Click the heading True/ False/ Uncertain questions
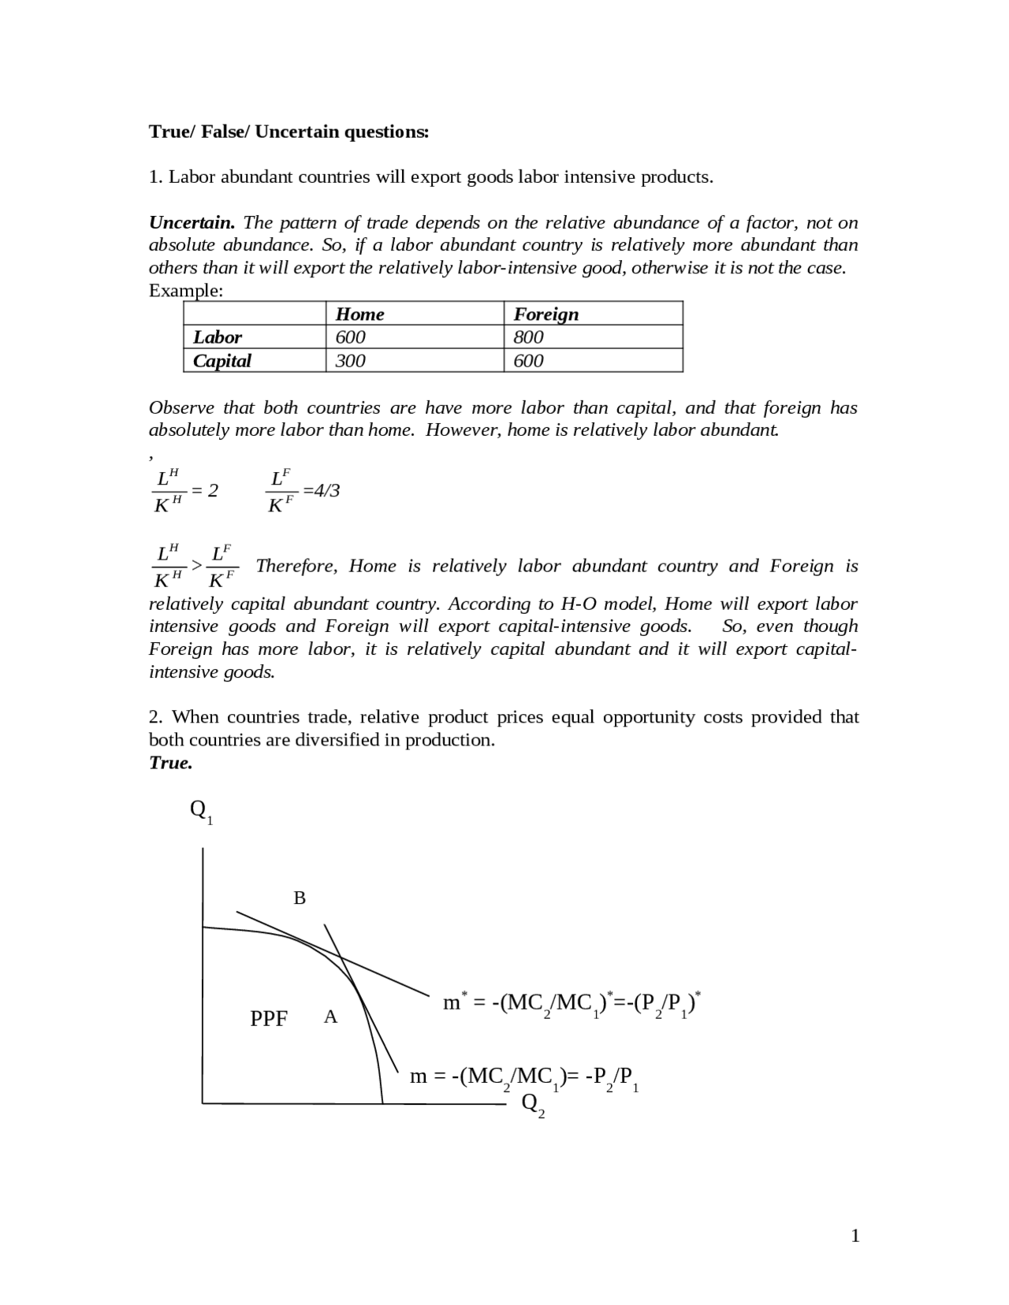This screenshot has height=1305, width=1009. pyautogui.click(x=289, y=132)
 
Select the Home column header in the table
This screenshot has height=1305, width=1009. pyautogui.click(x=360, y=314)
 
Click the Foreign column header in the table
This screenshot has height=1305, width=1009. pyautogui.click(x=546, y=314)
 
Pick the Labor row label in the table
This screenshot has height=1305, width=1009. pyautogui.click(x=218, y=337)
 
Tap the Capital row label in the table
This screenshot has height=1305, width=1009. pyautogui.click(x=222, y=361)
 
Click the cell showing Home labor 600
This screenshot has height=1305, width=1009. pyautogui.click(x=351, y=337)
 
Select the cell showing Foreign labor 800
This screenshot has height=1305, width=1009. pyautogui.click(x=528, y=337)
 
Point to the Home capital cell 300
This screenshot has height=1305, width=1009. pyautogui.click(x=351, y=361)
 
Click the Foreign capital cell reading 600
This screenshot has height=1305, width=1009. pyautogui.click(x=528, y=361)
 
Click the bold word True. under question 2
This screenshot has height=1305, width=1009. pyautogui.click(x=171, y=763)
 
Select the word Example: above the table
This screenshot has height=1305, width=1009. pyautogui.click(x=186, y=291)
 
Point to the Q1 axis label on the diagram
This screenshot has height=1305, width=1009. pyautogui.click(x=201, y=811)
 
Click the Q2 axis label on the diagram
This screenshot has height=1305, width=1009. pyautogui.click(x=533, y=1105)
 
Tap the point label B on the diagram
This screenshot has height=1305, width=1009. pyautogui.click(x=300, y=898)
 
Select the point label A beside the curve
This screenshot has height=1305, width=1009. pyautogui.click(x=330, y=1017)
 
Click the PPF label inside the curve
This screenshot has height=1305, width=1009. pyautogui.click(x=269, y=1019)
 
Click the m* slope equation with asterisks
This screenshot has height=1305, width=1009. pyautogui.click(x=572, y=1003)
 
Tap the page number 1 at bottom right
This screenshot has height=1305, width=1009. pyautogui.click(x=855, y=1236)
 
